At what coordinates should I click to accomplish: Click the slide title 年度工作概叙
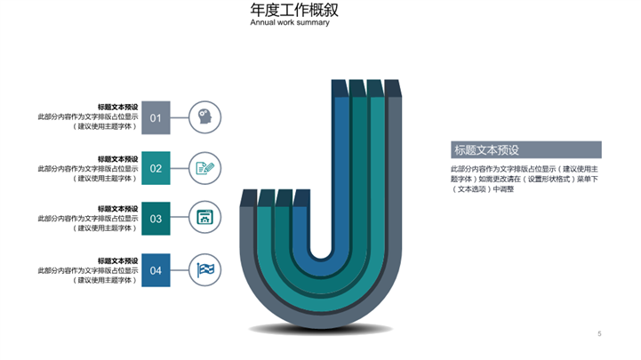293,10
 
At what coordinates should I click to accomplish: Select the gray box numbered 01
156,117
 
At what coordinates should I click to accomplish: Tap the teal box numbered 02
156,168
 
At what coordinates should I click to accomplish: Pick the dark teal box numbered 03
156,219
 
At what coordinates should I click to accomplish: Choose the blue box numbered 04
156,270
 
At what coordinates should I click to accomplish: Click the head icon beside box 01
204,116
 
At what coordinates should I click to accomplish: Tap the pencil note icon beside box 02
204,167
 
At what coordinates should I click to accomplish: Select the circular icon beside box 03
204,218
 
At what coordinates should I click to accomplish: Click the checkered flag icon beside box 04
204,269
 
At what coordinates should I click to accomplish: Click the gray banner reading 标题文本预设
525,149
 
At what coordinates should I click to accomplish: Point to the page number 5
599,334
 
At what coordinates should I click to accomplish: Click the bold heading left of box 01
117,108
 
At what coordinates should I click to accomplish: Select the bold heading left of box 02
117,159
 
